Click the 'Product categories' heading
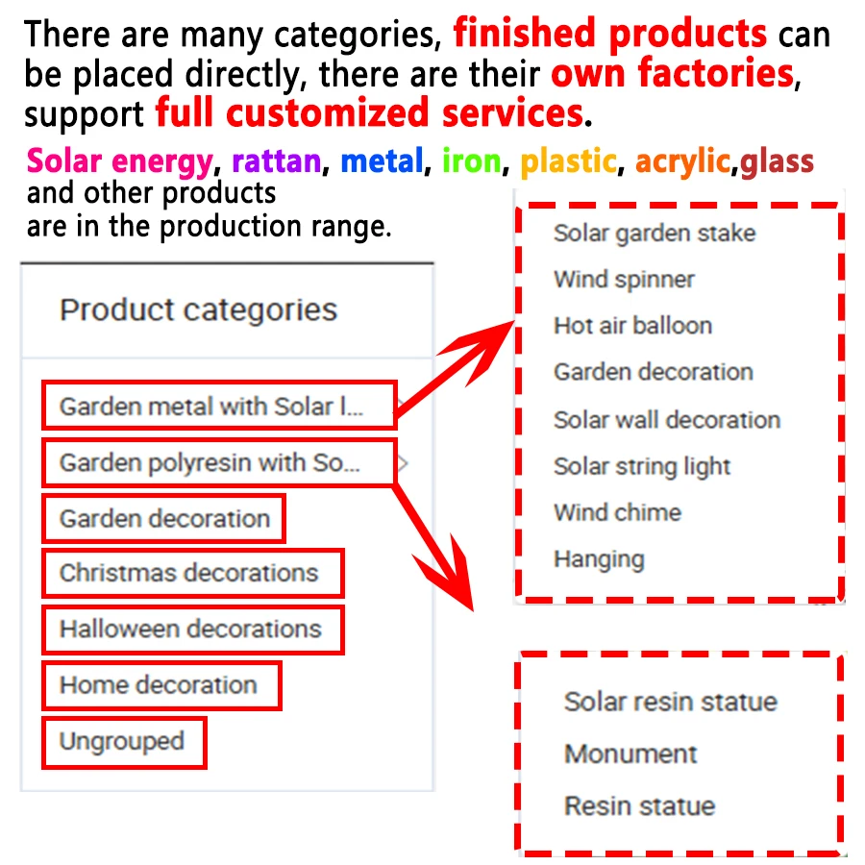click(198, 310)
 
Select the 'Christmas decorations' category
click(189, 574)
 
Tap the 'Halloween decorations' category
click(190, 630)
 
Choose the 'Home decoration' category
click(159, 685)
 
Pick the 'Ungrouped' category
click(121, 742)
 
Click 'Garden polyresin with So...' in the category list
click(210, 463)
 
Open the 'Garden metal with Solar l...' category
click(211, 408)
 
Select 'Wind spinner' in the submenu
click(624, 280)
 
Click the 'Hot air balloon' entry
click(632, 326)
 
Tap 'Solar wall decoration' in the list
click(666, 420)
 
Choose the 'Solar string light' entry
click(642, 467)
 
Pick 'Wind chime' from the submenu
click(617, 512)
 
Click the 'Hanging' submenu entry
click(599, 558)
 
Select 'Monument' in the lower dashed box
click(630, 754)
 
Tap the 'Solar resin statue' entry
click(670, 702)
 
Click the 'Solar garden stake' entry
click(655, 234)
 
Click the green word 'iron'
click(472, 161)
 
